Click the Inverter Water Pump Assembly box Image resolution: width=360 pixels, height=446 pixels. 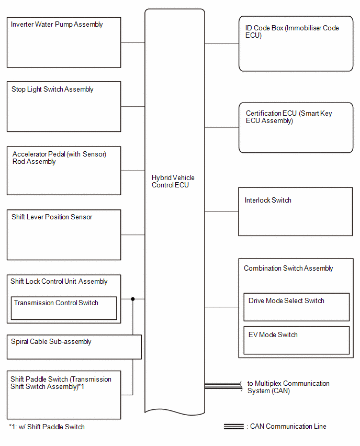[x=64, y=42]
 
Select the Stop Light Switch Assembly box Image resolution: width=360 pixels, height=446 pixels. [x=64, y=107]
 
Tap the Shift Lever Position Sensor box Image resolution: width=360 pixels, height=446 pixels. [x=64, y=235]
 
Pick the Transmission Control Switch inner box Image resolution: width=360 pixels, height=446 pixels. [x=64, y=308]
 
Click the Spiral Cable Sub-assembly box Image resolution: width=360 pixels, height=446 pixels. [x=74, y=347]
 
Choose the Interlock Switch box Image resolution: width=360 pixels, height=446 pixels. [x=296, y=211]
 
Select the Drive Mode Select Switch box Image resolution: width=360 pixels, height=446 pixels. [x=297, y=307]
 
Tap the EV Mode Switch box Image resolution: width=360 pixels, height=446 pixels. [x=297, y=340]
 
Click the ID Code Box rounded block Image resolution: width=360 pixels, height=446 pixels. [x=296, y=43]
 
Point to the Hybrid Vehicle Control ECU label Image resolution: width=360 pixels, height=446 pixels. [x=173, y=181]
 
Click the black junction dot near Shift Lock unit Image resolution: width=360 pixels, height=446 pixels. [x=133, y=299]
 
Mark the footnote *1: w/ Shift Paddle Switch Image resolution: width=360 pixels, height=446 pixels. [x=47, y=427]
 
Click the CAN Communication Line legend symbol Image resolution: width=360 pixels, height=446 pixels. [x=234, y=427]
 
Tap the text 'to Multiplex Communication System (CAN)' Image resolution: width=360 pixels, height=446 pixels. [x=288, y=387]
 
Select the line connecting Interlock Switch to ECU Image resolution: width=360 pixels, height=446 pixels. [x=221, y=211]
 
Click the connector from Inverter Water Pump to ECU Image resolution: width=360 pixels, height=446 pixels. [x=133, y=42]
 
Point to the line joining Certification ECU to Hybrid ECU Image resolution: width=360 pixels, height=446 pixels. [x=222, y=128]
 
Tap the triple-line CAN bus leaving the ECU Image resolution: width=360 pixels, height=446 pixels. [x=223, y=386]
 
